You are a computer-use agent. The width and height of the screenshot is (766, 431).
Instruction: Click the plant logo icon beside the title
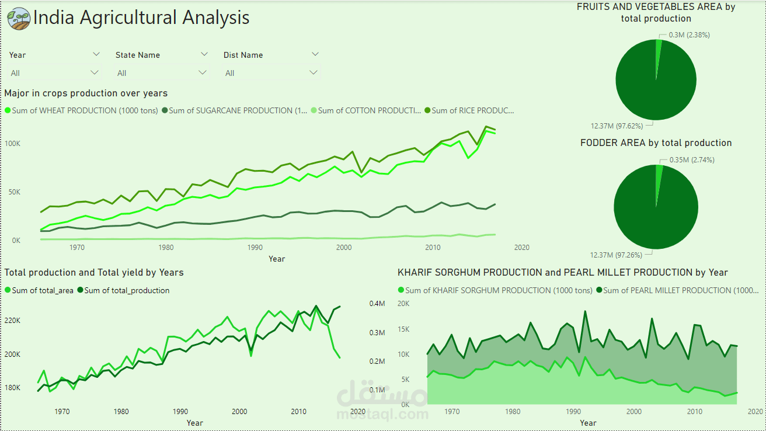(x=19, y=18)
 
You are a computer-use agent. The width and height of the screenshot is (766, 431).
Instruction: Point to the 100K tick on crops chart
(x=13, y=144)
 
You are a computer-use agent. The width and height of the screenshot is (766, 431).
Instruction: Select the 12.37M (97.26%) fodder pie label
(x=621, y=255)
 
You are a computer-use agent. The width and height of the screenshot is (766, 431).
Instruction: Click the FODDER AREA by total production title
(x=656, y=143)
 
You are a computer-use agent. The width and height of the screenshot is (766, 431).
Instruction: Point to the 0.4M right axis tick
(x=377, y=304)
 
